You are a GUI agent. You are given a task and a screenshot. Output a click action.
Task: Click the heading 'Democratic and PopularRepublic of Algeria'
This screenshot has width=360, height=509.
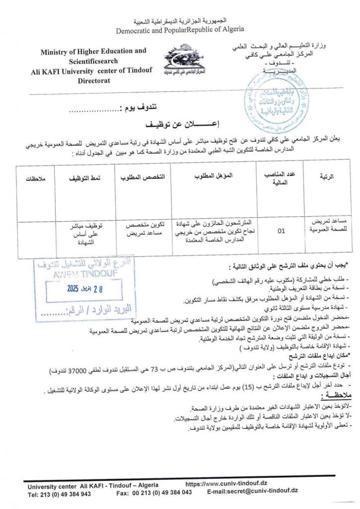tap(180, 30)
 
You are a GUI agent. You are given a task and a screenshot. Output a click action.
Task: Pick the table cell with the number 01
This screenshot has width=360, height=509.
tap(281, 231)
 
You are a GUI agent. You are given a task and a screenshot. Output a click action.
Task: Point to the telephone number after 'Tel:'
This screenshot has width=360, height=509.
tap(68, 494)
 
